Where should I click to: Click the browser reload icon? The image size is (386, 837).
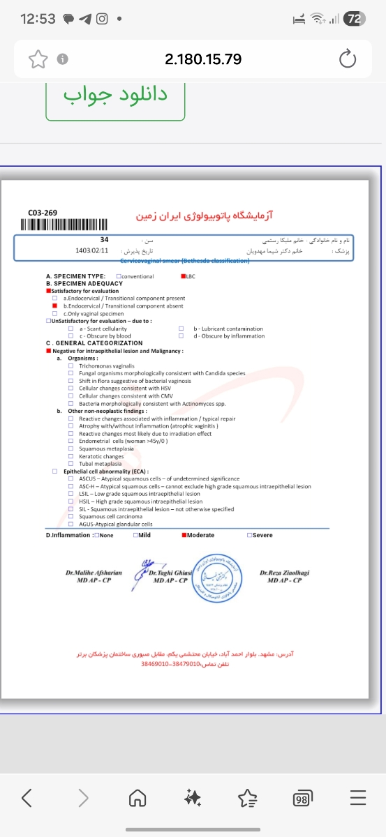[348, 59]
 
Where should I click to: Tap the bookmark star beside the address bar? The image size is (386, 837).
[36, 59]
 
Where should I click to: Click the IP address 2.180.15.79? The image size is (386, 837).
[203, 59]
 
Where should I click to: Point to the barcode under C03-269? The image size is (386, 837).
[64, 225]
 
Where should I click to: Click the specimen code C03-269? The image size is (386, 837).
[43, 213]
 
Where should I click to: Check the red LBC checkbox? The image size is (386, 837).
[182, 277]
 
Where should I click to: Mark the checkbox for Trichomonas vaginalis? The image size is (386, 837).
[71, 365]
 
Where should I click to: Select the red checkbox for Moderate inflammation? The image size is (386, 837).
[184, 536]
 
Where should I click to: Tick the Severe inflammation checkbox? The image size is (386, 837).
[249, 536]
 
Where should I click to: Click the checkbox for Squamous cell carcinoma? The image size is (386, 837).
[71, 517]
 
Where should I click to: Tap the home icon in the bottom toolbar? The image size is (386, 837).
[139, 798]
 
